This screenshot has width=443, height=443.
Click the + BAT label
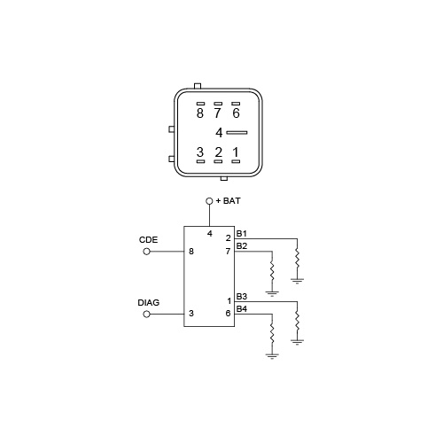tap(229, 201)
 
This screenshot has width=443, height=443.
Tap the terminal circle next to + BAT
tap(209, 201)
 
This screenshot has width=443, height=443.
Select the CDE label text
tap(148, 239)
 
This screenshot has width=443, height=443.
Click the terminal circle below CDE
tap(147, 252)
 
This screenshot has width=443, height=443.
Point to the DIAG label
tap(149, 302)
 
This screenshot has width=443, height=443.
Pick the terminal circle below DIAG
tap(147, 315)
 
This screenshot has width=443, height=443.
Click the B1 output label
tap(241, 234)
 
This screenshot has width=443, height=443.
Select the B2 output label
tap(242, 245)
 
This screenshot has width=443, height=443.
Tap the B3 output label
tap(242, 296)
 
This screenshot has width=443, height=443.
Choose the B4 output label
tap(242, 309)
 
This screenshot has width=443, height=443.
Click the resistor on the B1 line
tap(297, 259)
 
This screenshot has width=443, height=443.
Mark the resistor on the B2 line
tap(272, 271)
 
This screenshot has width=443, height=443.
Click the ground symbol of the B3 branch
tap(297, 342)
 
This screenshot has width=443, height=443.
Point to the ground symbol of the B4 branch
tap(272, 355)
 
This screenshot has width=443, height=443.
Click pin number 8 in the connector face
tap(200, 113)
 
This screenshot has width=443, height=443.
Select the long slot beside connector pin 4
tap(237, 133)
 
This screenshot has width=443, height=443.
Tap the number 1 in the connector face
tap(236, 152)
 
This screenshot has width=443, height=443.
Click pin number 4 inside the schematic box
tap(210, 234)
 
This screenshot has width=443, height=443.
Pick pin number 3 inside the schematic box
tap(191, 314)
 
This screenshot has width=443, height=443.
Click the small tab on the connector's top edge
tap(198, 86)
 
